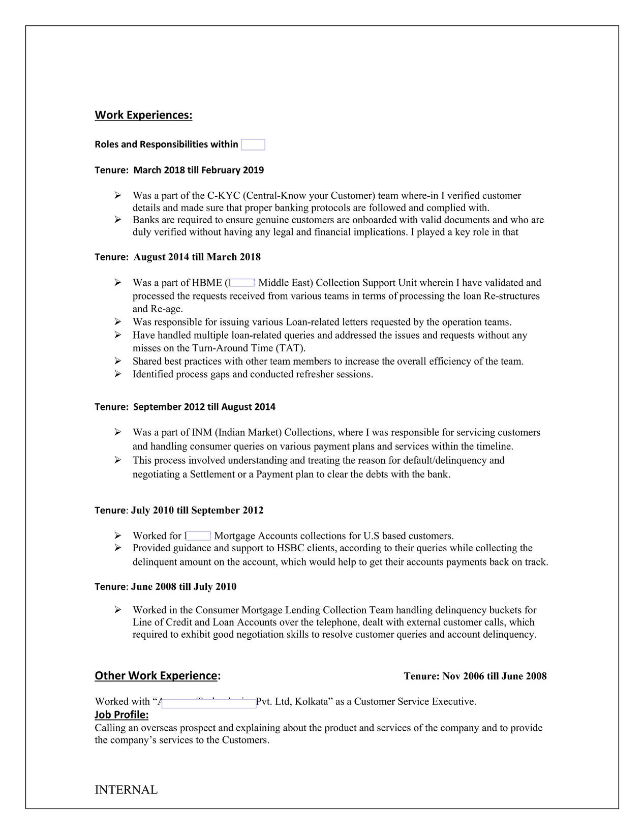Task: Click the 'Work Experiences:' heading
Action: coord(143,115)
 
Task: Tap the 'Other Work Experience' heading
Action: coord(156,675)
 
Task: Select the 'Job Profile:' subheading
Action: coord(121,714)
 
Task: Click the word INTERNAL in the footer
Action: coord(126,790)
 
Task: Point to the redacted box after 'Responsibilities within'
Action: coord(253,144)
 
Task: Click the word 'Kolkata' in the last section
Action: coord(311,702)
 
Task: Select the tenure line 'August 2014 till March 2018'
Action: coord(197,257)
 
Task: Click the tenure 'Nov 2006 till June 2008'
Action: coord(494,676)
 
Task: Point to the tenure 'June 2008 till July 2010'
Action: coord(183,586)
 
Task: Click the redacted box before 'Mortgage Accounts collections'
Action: coord(198,535)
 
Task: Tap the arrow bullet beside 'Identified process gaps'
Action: coord(118,374)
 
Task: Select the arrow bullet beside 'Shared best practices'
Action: coord(118,361)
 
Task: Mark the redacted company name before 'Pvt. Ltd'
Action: coord(208,703)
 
